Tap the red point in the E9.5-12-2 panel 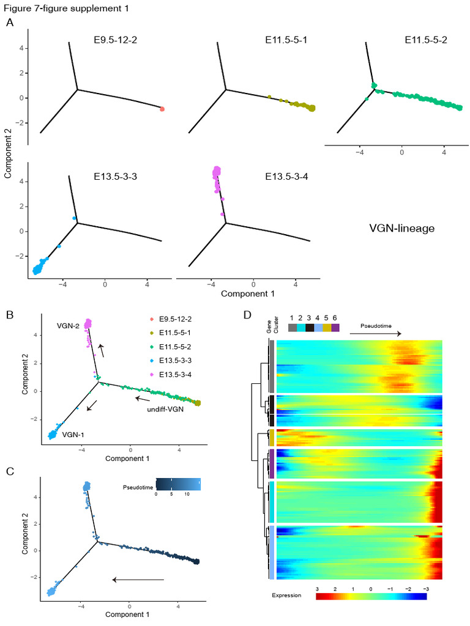click(x=162, y=109)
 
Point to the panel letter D click(x=247, y=315)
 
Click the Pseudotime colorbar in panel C click(x=178, y=484)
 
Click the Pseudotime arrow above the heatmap click(x=375, y=333)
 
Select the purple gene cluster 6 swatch click(x=335, y=328)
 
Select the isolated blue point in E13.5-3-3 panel click(x=73, y=218)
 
